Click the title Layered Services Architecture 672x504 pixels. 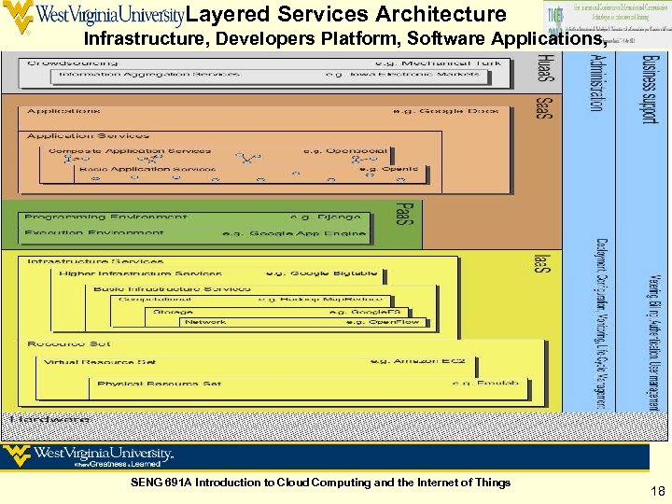pos(346,15)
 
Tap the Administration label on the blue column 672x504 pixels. pos(595,83)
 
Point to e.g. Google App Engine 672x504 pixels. pos(294,233)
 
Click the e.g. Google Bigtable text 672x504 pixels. pos(322,273)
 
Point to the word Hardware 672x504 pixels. pos(50,420)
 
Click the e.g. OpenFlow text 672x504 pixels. pos(383,322)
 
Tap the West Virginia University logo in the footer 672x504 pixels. pos(89,456)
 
